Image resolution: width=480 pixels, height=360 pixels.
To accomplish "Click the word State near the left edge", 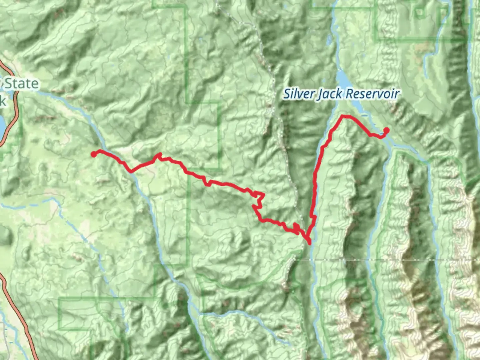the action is (x=21, y=83).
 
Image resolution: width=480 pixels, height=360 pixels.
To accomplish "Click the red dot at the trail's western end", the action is (x=94, y=154).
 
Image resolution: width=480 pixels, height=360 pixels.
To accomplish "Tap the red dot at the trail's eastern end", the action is (x=386, y=130).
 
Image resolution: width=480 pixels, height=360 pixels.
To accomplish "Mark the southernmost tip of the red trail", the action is (x=310, y=243).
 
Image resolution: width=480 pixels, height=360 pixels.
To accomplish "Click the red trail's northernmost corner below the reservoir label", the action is (x=342, y=116).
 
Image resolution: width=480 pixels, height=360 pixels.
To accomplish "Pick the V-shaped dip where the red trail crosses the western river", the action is (x=131, y=172).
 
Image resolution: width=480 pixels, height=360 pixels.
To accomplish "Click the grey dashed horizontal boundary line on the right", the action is (x=400, y=259).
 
